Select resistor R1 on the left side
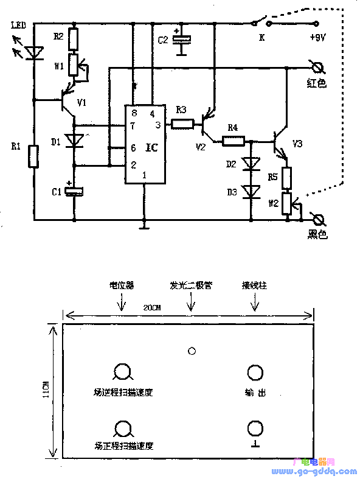tap(34, 156)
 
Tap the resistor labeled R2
tap(74, 39)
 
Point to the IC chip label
tap(152, 148)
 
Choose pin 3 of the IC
tap(157, 125)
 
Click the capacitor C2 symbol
tap(182, 39)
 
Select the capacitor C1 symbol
tap(74, 191)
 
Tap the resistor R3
tap(182, 125)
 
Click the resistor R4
tap(232, 142)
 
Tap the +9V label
tap(317, 37)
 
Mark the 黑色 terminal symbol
tap(317, 220)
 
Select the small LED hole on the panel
tap(192, 351)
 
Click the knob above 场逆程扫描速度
tap(122, 372)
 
